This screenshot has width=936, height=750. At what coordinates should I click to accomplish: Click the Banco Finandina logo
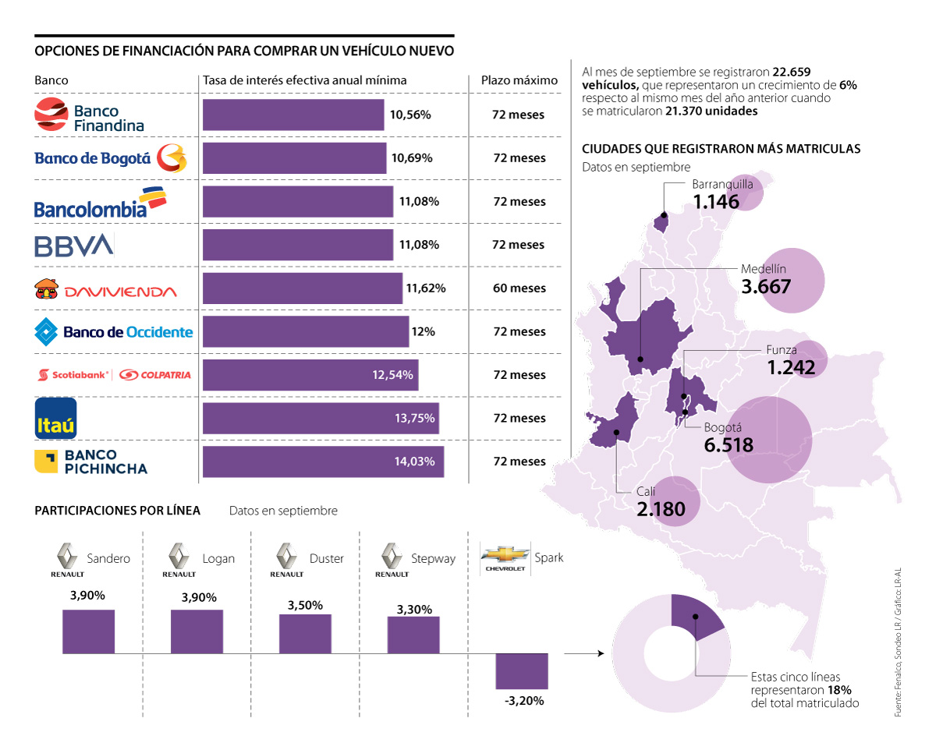90,115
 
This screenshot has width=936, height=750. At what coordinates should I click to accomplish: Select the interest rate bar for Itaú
321,418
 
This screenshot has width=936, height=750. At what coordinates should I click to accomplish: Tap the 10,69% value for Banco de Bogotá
411,158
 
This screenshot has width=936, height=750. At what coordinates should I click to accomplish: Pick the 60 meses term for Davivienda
519,288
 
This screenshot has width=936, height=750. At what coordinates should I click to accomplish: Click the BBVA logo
74,245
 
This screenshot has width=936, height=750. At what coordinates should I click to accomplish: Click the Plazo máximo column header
519,80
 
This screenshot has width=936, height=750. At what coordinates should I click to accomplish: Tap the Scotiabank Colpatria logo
114,375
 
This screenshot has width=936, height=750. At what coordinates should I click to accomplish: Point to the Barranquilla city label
722,185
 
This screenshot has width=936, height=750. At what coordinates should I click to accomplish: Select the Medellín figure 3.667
766,286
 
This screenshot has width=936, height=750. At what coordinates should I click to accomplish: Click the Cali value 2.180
661,509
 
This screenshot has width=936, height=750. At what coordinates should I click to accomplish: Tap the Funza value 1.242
791,367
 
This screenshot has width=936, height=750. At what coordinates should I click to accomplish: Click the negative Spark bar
522,670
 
